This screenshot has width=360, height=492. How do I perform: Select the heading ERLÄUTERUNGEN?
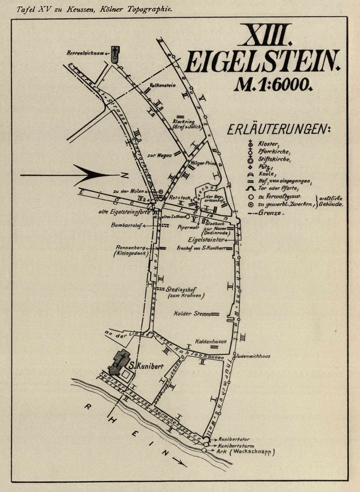click(x=279, y=130)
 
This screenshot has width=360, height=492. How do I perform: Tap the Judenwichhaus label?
click(x=252, y=356)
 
